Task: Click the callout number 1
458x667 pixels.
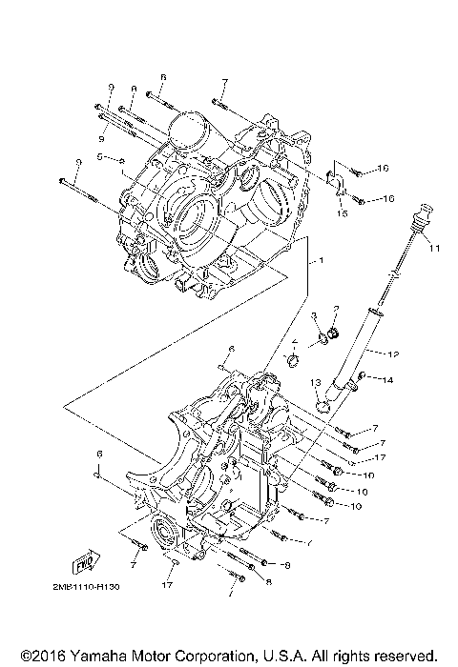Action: tap(322, 260)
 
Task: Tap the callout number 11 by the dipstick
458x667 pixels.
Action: tap(434, 250)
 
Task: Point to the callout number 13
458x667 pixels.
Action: tap(314, 382)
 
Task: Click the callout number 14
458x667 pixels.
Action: tap(387, 380)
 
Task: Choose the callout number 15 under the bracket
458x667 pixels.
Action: tap(341, 213)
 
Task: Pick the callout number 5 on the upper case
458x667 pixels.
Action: tap(99, 156)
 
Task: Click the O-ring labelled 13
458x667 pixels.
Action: tap(323, 405)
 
